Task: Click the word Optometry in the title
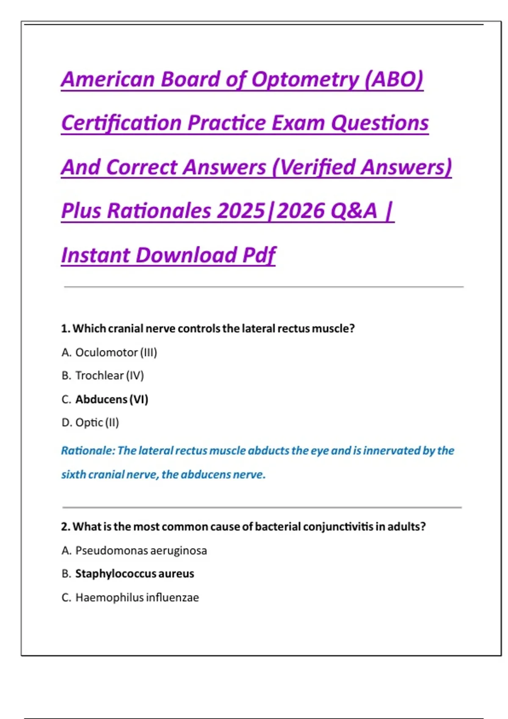click(x=305, y=80)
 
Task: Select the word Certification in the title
click(x=121, y=123)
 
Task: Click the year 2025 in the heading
click(x=241, y=211)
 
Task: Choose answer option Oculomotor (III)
click(x=116, y=352)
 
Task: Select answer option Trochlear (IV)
click(x=109, y=376)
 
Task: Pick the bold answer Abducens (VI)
click(x=112, y=399)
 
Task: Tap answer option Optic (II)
click(x=97, y=423)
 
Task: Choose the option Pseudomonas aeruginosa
click(x=141, y=551)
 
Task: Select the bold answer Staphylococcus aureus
click(x=135, y=574)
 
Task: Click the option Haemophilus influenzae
click(x=137, y=598)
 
